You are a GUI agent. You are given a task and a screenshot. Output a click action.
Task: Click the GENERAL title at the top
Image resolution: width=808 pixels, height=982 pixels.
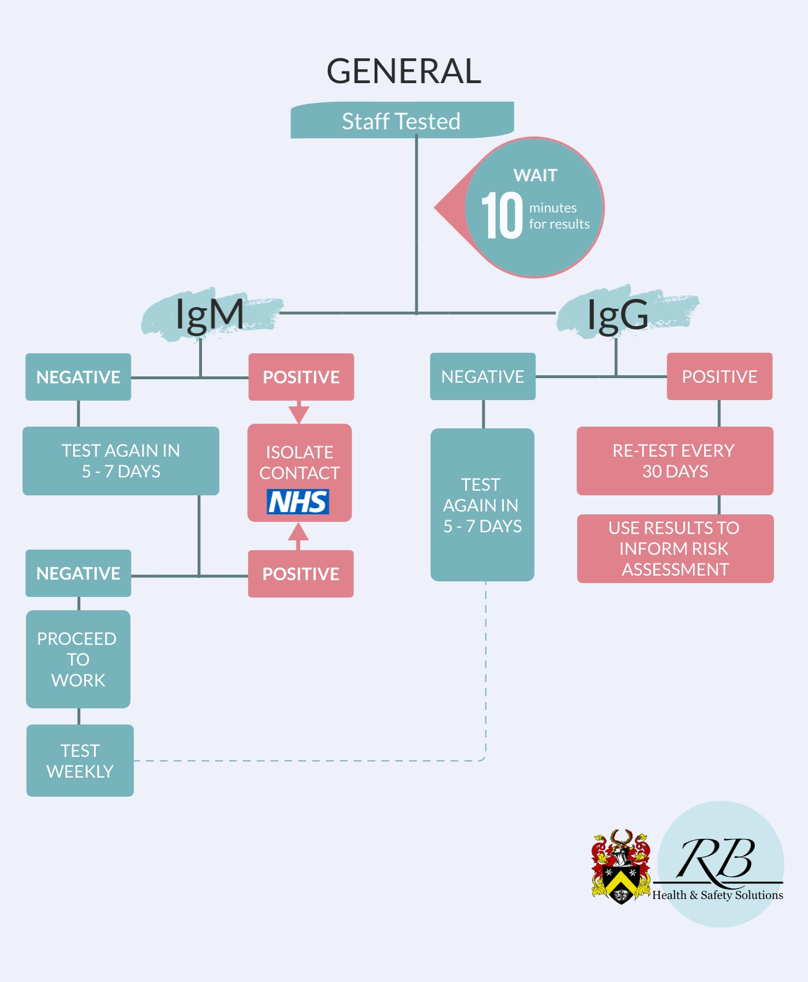pos(404,71)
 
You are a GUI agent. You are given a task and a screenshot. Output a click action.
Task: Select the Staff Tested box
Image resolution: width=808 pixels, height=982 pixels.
pos(402,120)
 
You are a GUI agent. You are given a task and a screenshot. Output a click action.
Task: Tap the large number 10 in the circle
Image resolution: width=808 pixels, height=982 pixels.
pos(502,215)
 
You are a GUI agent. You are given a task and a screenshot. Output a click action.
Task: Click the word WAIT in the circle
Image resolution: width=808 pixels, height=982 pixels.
pos(536,175)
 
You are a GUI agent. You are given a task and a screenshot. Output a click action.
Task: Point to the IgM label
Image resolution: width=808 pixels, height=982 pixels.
pos(210,315)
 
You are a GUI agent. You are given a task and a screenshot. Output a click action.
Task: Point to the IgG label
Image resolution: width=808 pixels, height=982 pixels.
pos(618,315)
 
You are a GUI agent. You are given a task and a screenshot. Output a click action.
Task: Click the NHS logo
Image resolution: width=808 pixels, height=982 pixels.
pos(298,502)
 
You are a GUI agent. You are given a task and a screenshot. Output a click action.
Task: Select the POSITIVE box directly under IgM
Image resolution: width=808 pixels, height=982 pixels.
pos(301,377)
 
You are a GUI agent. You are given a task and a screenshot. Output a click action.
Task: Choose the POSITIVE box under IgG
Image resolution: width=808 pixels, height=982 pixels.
pos(720,376)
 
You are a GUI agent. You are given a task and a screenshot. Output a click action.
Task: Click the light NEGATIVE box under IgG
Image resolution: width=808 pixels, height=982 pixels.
pos(483,376)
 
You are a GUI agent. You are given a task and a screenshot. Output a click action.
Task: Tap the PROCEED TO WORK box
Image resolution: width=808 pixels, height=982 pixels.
pos(78,659)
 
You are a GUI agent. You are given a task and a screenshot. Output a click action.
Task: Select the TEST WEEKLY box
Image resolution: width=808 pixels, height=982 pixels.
pos(80,761)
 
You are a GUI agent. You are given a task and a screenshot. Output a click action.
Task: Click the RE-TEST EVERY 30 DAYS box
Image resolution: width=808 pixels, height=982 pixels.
pos(675,461)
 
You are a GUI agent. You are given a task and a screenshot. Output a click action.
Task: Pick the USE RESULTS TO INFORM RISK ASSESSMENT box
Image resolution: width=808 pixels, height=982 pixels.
pos(675,548)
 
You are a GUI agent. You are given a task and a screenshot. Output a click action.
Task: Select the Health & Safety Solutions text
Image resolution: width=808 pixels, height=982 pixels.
pos(717,895)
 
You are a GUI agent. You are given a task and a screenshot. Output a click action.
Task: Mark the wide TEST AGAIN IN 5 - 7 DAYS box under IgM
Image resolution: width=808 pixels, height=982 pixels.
pos(121,461)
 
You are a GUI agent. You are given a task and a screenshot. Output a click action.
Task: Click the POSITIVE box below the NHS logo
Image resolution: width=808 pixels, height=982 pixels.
pos(301,574)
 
